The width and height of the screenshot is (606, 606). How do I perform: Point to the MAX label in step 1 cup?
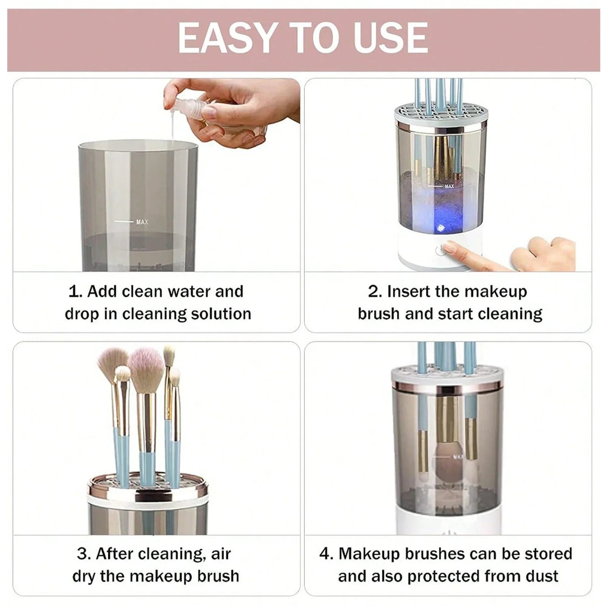tap(142, 222)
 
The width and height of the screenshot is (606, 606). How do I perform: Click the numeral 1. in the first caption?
tap(75, 291)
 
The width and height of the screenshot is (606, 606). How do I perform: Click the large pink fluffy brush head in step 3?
tap(145, 364)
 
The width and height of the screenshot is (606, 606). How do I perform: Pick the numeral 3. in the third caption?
tap(84, 554)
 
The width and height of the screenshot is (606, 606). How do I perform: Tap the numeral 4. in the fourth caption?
tap(326, 554)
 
